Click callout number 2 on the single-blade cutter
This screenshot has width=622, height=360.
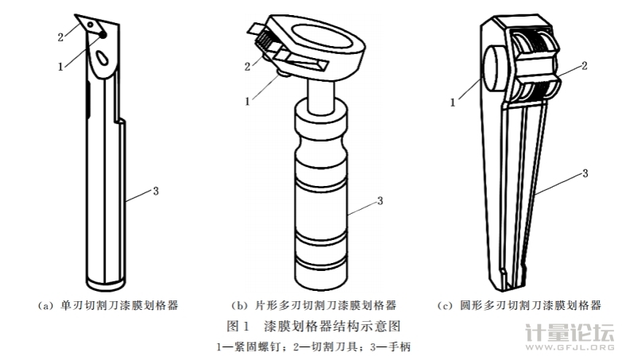[61, 37]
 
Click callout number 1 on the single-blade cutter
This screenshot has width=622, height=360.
[61, 66]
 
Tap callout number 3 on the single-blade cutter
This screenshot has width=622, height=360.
[156, 190]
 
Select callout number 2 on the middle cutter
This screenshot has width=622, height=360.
[248, 65]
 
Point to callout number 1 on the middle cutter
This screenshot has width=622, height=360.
[248, 101]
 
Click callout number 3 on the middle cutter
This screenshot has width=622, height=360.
[381, 199]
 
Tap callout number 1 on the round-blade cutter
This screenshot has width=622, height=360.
[453, 101]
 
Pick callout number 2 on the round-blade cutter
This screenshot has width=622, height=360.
[584, 67]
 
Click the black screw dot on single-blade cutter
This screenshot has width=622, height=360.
[102, 35]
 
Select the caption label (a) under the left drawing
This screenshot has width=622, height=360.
[45, 304]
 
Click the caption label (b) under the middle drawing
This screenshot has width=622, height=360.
[238, 304]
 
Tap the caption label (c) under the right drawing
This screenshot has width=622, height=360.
[446, 304]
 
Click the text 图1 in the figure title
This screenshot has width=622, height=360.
[239, 326]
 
